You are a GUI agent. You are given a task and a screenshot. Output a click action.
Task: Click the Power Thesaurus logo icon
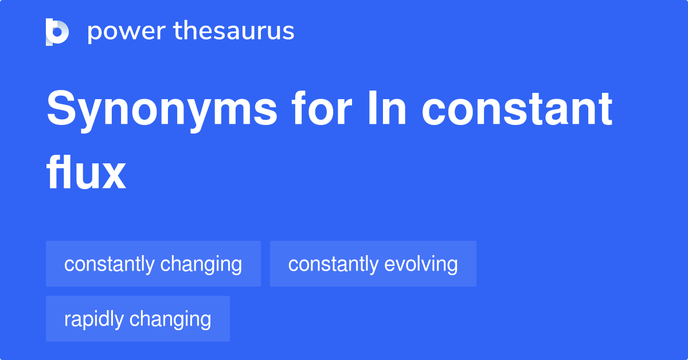pyautogui.click(x=57, y=32)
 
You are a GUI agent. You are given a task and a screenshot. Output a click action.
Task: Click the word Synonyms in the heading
pyautogui.click(x=162, y=110)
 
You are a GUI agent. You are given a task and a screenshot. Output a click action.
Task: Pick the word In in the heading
pyautogui.click(x=390, y=110)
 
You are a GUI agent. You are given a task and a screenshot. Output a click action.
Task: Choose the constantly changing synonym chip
pyautogui.click(x=153, y=264)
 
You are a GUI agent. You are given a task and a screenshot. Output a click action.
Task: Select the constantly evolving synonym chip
pyautogui.click(x=373, y=264)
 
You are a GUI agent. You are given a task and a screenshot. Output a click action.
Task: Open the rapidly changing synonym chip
pyautogui.click(x=138, y=319)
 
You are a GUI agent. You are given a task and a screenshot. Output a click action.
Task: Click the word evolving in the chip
pyautogui.click(x=421, y=264)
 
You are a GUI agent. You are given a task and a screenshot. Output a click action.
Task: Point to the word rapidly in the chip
pyautogui.click(x=94, y=319)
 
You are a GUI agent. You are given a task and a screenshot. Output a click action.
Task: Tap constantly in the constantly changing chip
pyautogui.click(x=110, y=264)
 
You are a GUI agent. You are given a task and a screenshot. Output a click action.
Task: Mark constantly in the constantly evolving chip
pyautogui.click(x=333, y=264)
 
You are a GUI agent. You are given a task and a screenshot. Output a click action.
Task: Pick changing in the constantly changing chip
pyautogui.click(x=201, y=264)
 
